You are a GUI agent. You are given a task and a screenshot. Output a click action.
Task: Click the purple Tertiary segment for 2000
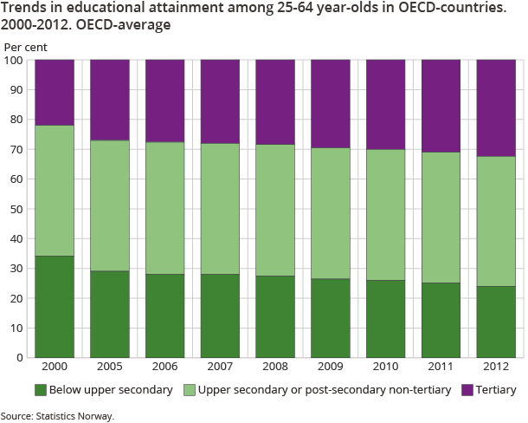[x=55, y=93]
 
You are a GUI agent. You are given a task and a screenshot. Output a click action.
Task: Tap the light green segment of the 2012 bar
[x=496, y=221]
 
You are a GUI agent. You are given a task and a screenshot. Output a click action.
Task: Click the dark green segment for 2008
[x=275, y=316]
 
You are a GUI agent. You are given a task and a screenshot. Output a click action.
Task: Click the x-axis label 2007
[x=220, y=367]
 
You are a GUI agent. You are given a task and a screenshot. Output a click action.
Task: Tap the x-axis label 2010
[x=386, y=367]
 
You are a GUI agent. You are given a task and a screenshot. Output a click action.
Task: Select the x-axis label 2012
[x=496, y=367]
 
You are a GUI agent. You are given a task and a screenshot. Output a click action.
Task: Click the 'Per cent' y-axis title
[x=26, y=45]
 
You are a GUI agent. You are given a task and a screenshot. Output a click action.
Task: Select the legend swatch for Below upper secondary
[x=40, y=390]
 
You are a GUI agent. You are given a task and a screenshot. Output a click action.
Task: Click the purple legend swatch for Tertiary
[x=469, y=390]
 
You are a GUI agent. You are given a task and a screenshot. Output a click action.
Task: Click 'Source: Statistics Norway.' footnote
[x=57, y=416]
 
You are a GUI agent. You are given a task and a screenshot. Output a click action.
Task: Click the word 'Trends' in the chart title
[x=25, y=9]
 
